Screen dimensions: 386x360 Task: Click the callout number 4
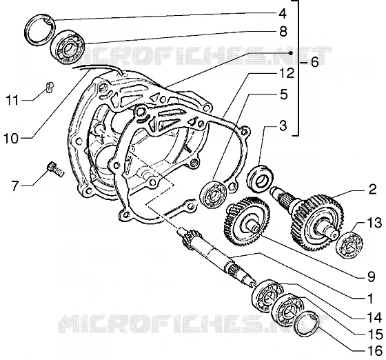click(283, 14)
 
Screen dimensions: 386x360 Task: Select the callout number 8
click(283, 32)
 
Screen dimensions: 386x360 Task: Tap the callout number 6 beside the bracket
click(314, 62)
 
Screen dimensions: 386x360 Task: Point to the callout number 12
click(286, 73)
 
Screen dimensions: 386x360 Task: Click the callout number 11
click(12, 101)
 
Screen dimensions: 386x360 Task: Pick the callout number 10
click(11, 139)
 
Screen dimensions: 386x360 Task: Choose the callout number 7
click(15, 186)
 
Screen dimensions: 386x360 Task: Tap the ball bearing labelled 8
click(68, 47)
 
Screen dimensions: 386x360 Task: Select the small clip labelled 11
click(50, 88)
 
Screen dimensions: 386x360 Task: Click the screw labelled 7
click(56, 169)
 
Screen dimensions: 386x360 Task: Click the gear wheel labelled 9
click(247, 221)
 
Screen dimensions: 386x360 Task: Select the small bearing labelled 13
click(349, 246)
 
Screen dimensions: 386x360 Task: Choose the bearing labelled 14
click(267, 296)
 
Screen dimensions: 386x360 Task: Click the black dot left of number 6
click(291, 53)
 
